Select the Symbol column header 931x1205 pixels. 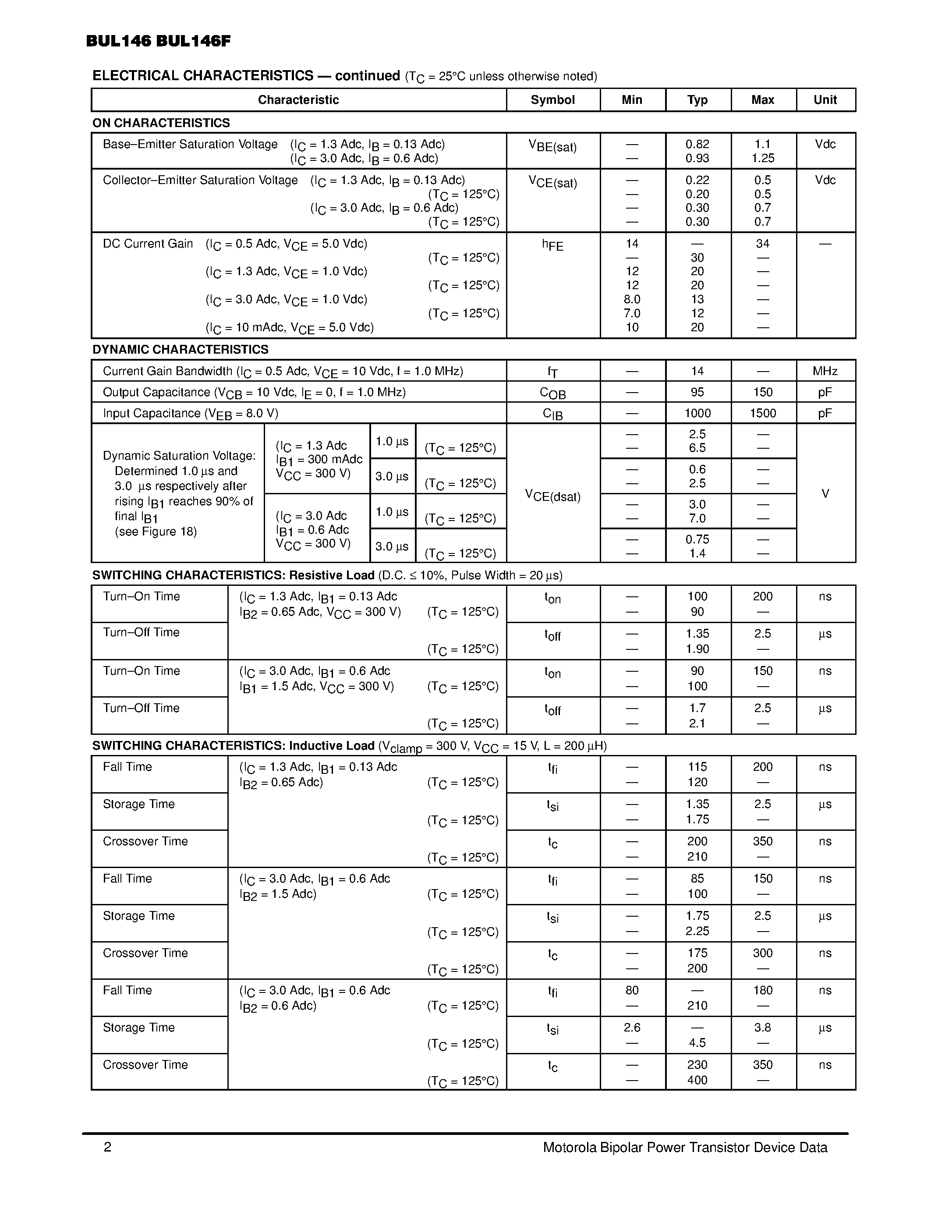click(552, 100)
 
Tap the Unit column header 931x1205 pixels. click(825, 100)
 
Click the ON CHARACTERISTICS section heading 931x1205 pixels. click(161, 123)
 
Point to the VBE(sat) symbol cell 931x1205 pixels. click(552, 146)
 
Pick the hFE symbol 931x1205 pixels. click(552, 245)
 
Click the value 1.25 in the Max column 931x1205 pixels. click(762, 158)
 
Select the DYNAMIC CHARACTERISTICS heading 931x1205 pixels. click(181, 349)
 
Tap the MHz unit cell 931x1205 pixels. click(825, 371)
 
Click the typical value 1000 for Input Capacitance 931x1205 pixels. click(697, 413)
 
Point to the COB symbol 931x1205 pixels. click(552, 393)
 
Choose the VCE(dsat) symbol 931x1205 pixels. click(552, 496)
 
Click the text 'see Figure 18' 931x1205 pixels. click(156, 532)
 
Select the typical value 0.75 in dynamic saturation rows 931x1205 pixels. click(697, 539)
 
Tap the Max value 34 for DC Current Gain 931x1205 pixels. click(762, 243)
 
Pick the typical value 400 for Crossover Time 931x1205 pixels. click(697, 1080)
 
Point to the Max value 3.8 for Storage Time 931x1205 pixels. click(762, 1028)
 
